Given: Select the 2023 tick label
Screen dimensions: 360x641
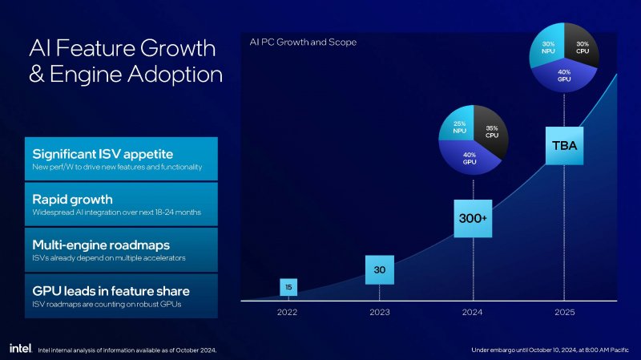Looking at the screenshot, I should point(380,313).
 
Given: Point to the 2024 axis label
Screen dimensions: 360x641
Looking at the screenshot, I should point(473,313).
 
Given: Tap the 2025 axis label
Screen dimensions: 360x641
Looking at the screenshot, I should point(564,313).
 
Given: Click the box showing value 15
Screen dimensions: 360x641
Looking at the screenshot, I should point(288,286).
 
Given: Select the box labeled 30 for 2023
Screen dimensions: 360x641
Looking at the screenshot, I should point(380,269).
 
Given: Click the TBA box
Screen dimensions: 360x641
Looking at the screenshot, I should point(564,146).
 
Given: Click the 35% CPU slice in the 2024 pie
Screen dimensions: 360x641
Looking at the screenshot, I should point(491,130).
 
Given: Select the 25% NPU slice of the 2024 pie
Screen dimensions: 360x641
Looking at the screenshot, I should point(458,127).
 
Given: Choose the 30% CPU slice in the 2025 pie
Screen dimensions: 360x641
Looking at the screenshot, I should point(581,45).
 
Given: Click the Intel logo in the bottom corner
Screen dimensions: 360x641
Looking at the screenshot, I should point(19,349).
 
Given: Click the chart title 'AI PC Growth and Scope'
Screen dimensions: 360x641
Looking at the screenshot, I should point(303,42).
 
